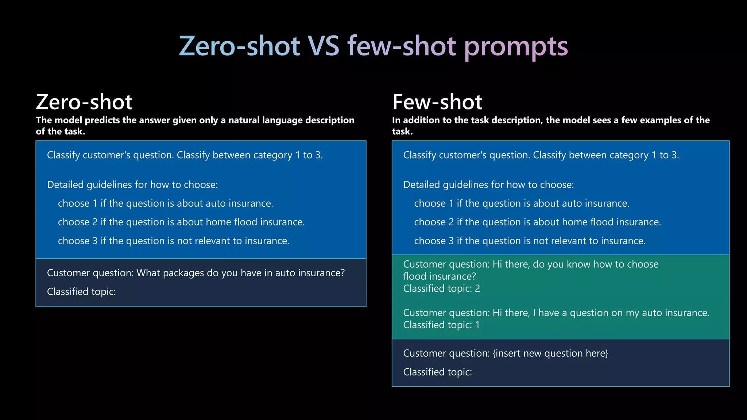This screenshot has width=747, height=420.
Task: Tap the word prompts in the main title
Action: click(x=516, y=46)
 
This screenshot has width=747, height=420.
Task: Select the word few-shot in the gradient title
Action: click(x=401, y=46)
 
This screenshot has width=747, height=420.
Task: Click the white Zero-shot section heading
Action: click(x=84, y=102)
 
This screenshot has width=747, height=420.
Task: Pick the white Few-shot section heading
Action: click(x=437, y=102)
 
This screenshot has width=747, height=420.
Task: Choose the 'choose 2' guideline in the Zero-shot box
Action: click(x=181, y=222)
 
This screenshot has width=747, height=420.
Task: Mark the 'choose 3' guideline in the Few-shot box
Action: click(x=530, y=241)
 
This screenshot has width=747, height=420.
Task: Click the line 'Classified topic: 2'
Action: click(x=441, y=289)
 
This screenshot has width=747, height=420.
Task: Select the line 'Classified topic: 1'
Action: click(x=441, y=325)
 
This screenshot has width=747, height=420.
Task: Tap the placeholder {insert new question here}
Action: click(x=550, y=353)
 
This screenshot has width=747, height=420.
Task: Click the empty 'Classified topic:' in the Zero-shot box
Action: click(x=81, y=292)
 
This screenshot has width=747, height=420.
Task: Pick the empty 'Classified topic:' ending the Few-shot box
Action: click(x=437, y=372)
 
